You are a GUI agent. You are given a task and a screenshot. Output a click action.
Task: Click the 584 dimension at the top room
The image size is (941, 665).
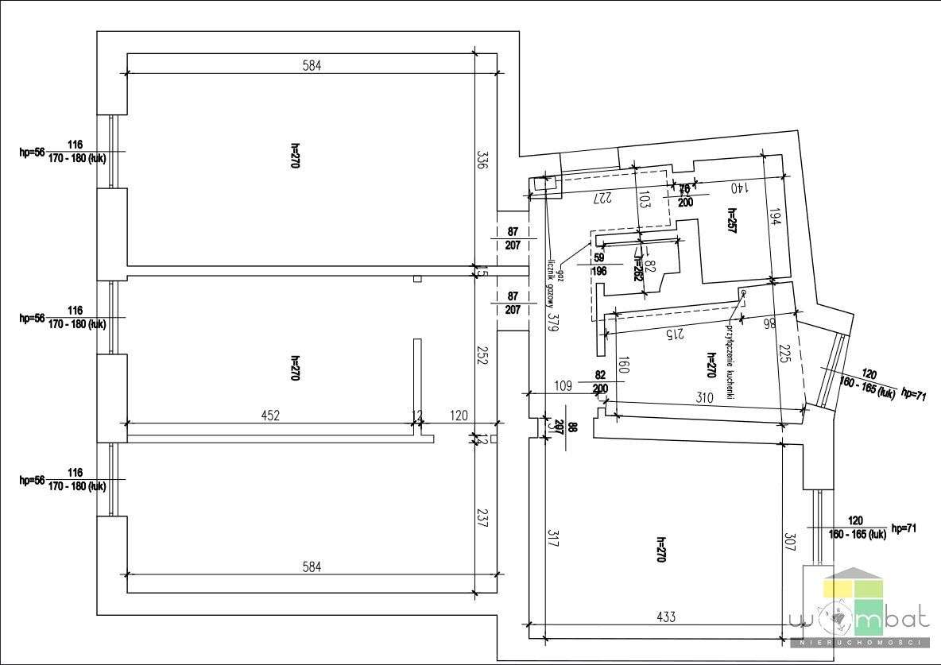(x=312, y=67)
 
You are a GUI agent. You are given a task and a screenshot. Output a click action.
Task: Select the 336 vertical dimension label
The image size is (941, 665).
(x=482, y=161)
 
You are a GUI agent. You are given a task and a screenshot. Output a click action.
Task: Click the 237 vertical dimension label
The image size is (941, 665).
(x=482, y=518)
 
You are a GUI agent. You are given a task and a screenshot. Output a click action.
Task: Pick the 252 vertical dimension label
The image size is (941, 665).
(x=482, y=354)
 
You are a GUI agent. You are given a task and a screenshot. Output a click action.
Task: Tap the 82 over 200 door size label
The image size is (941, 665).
(x=600, y=381)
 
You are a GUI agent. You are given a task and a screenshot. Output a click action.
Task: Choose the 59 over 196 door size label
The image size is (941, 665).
(x=599, y=265)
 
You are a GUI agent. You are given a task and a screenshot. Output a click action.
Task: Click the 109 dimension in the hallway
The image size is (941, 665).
(x=563, y=386)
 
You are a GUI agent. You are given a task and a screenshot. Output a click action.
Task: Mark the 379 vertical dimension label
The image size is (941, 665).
(x=553, y=320)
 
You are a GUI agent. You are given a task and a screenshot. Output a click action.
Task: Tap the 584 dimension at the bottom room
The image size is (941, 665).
(x=312, y=566)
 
